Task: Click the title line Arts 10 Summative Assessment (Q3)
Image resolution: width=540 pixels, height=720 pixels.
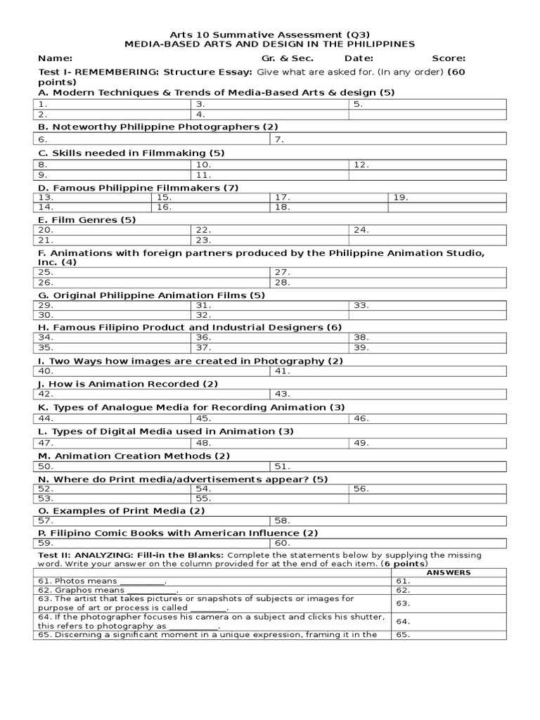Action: point(270,34)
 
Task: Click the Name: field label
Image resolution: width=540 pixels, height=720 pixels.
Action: point(55,58)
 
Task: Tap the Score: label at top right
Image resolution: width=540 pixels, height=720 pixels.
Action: point(449,58)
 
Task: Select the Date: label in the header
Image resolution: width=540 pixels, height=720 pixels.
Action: point(359,58)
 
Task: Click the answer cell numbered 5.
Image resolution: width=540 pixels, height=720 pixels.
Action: point(427,104)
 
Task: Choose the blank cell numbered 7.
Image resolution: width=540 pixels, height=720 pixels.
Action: point(387,139)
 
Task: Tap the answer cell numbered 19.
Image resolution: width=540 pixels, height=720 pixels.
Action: point(446,198)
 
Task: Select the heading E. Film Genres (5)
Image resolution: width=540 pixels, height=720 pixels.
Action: point(87,219)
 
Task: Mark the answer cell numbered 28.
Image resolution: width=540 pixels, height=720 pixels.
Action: point(387,283)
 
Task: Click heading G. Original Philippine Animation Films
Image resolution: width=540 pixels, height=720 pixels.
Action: point(151,295)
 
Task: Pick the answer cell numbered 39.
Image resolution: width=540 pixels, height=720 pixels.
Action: point(427,347)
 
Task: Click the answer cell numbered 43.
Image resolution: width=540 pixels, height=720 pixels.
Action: point(387,394)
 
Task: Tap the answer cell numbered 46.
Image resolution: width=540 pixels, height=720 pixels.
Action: point(427,418)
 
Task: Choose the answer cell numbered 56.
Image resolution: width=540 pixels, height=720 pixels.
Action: point(427,488)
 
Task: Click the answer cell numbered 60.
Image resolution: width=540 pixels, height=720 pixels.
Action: point(387,543)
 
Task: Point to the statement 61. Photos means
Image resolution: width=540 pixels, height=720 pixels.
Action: point(102,581)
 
